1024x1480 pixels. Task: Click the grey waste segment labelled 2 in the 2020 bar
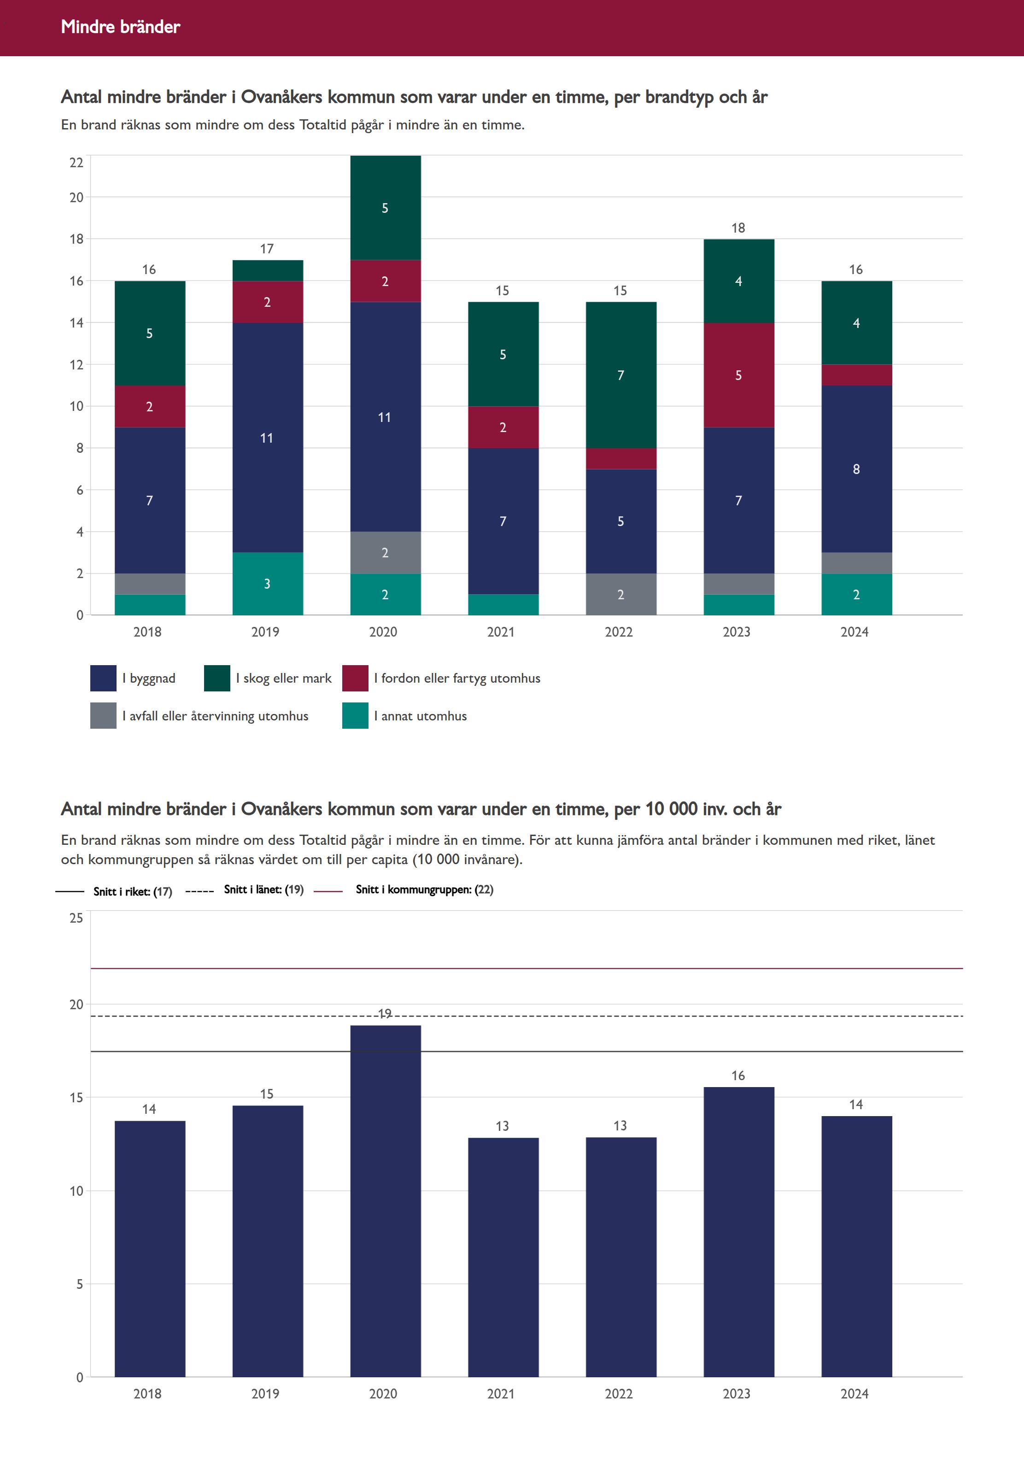(385, 552)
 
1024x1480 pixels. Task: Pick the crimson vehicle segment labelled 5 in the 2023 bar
(738, 375)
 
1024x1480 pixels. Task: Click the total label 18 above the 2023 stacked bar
(738, 228)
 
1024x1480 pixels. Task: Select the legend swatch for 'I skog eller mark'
(217, 678)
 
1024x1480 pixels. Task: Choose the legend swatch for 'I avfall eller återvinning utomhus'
(103, 715)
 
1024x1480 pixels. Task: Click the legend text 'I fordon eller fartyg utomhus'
(457, 678)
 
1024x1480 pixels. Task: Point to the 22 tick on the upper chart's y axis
(76, 162)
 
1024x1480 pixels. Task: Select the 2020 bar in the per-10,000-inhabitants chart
(385, 1199)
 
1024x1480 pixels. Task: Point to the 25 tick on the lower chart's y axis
(76, 918)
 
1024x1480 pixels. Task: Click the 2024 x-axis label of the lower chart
(854, 1393)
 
